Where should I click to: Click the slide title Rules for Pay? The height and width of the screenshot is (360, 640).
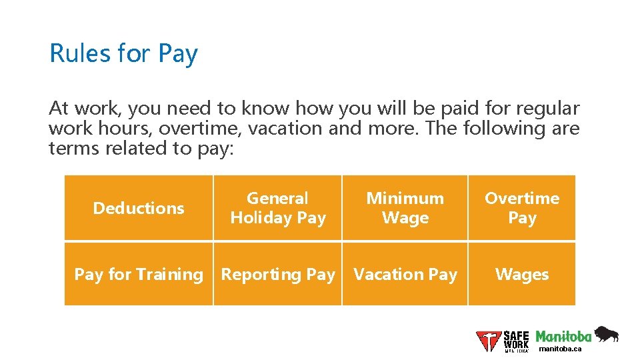coord(123,53)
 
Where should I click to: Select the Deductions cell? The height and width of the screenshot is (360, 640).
coord(139,208)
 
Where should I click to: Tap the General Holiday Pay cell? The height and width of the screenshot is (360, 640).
coord(277,208)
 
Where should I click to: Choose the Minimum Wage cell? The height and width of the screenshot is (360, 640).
coord(405,208)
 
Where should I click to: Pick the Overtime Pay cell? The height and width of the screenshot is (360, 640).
coord(521,208)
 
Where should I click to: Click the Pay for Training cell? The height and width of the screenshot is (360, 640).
coord(139,274)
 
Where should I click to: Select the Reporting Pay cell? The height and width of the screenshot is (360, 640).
coord(277,274)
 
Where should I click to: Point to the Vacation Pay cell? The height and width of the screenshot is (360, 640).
coord(405,274)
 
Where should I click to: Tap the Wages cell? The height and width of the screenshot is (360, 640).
coord(521,274)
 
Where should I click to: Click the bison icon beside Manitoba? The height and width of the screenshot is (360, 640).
coord(606,334)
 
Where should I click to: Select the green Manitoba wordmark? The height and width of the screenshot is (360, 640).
coord(563,336)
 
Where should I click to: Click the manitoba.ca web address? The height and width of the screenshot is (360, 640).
coord(560,349)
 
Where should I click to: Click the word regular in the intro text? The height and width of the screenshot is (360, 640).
coord(545,108)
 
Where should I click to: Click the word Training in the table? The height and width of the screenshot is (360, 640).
coord(171,274)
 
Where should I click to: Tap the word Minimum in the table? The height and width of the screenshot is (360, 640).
coord(405,199)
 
